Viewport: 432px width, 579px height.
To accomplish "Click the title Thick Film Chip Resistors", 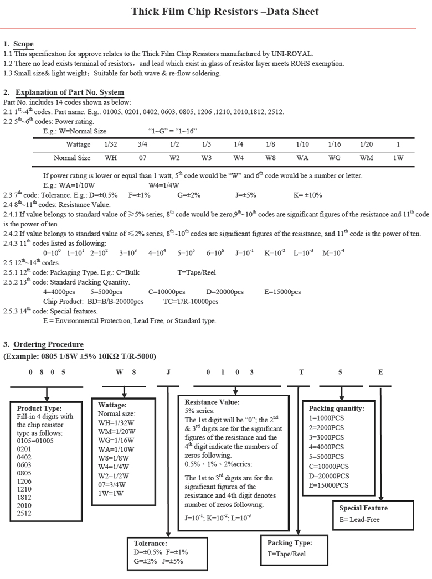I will (225, 12).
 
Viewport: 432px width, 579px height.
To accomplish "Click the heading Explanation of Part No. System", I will (69, 92).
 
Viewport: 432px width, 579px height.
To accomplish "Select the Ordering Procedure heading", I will (48, 344).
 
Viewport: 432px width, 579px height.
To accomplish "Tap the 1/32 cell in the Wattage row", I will (110, 144).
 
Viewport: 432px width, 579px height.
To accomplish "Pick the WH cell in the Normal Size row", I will (110, 158).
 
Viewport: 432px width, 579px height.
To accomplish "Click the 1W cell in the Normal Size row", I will (398, 158).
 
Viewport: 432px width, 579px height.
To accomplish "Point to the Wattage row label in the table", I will (78, 144).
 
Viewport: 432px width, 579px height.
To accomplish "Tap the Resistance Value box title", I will (212, 402).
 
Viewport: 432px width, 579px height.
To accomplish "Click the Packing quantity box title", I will (336, 409).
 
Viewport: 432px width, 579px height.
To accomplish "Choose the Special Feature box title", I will (363, 508).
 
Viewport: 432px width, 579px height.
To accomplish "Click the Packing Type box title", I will (290, 543).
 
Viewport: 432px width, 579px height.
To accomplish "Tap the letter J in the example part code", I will (168, 372).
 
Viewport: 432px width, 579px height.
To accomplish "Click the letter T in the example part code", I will (301, 372).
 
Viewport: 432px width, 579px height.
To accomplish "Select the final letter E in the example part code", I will (380, 372).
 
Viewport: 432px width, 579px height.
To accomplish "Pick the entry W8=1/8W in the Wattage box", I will (111, 458).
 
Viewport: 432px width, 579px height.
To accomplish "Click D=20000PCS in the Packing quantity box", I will (329, 475).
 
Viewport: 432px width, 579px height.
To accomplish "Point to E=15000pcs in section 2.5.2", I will (282, 292).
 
